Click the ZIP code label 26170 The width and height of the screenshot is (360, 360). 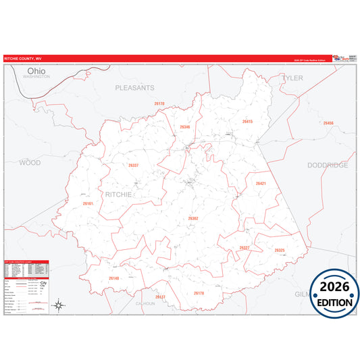(x=159, y=103)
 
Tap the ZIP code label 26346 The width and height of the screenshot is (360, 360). (x=184, y=127)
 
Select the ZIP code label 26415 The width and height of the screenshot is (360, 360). (x=247, y=122)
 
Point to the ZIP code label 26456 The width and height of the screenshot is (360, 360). (x=328, y=124)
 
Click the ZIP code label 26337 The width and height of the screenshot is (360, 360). (x=133, y=165)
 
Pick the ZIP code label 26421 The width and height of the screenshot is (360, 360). (x=261, y=184)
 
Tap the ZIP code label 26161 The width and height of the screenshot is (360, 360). (x=88, y=203)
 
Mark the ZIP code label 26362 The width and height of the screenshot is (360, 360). (x=193, y=218)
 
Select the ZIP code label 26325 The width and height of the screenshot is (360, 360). (x=280, y=251)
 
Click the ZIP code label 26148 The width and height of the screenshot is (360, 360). (x=113, y=278)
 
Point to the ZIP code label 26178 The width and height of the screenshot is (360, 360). (x=199, y=293)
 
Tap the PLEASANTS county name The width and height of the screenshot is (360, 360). (x=134, y=88)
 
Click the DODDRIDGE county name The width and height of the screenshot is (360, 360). (x=328, y=165)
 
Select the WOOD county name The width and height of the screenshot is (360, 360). (x=30, y=163)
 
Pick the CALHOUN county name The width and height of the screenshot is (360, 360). (x=145, y=304)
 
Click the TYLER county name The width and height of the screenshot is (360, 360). (x=292, y=78)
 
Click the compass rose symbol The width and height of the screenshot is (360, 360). (x=59, y=306)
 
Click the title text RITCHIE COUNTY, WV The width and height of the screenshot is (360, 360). (x=23, y=59)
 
